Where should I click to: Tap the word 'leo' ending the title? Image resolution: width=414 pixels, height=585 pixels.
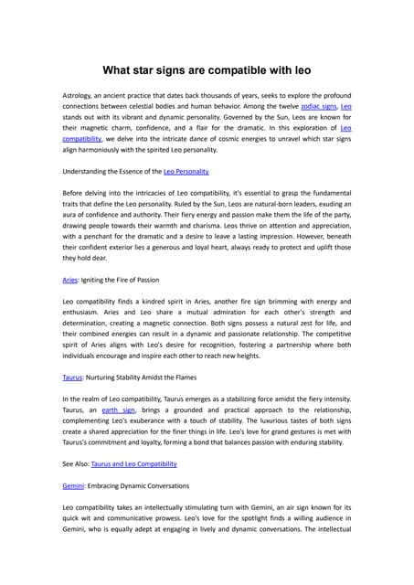(303, 69)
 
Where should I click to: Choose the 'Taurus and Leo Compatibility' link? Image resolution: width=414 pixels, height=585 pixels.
(133, 463)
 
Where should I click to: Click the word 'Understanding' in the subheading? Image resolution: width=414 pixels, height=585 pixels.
(88, 171)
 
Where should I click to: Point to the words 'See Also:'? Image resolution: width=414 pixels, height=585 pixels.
(75, 463)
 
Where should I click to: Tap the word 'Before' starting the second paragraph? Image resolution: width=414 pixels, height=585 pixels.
(74, 193)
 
